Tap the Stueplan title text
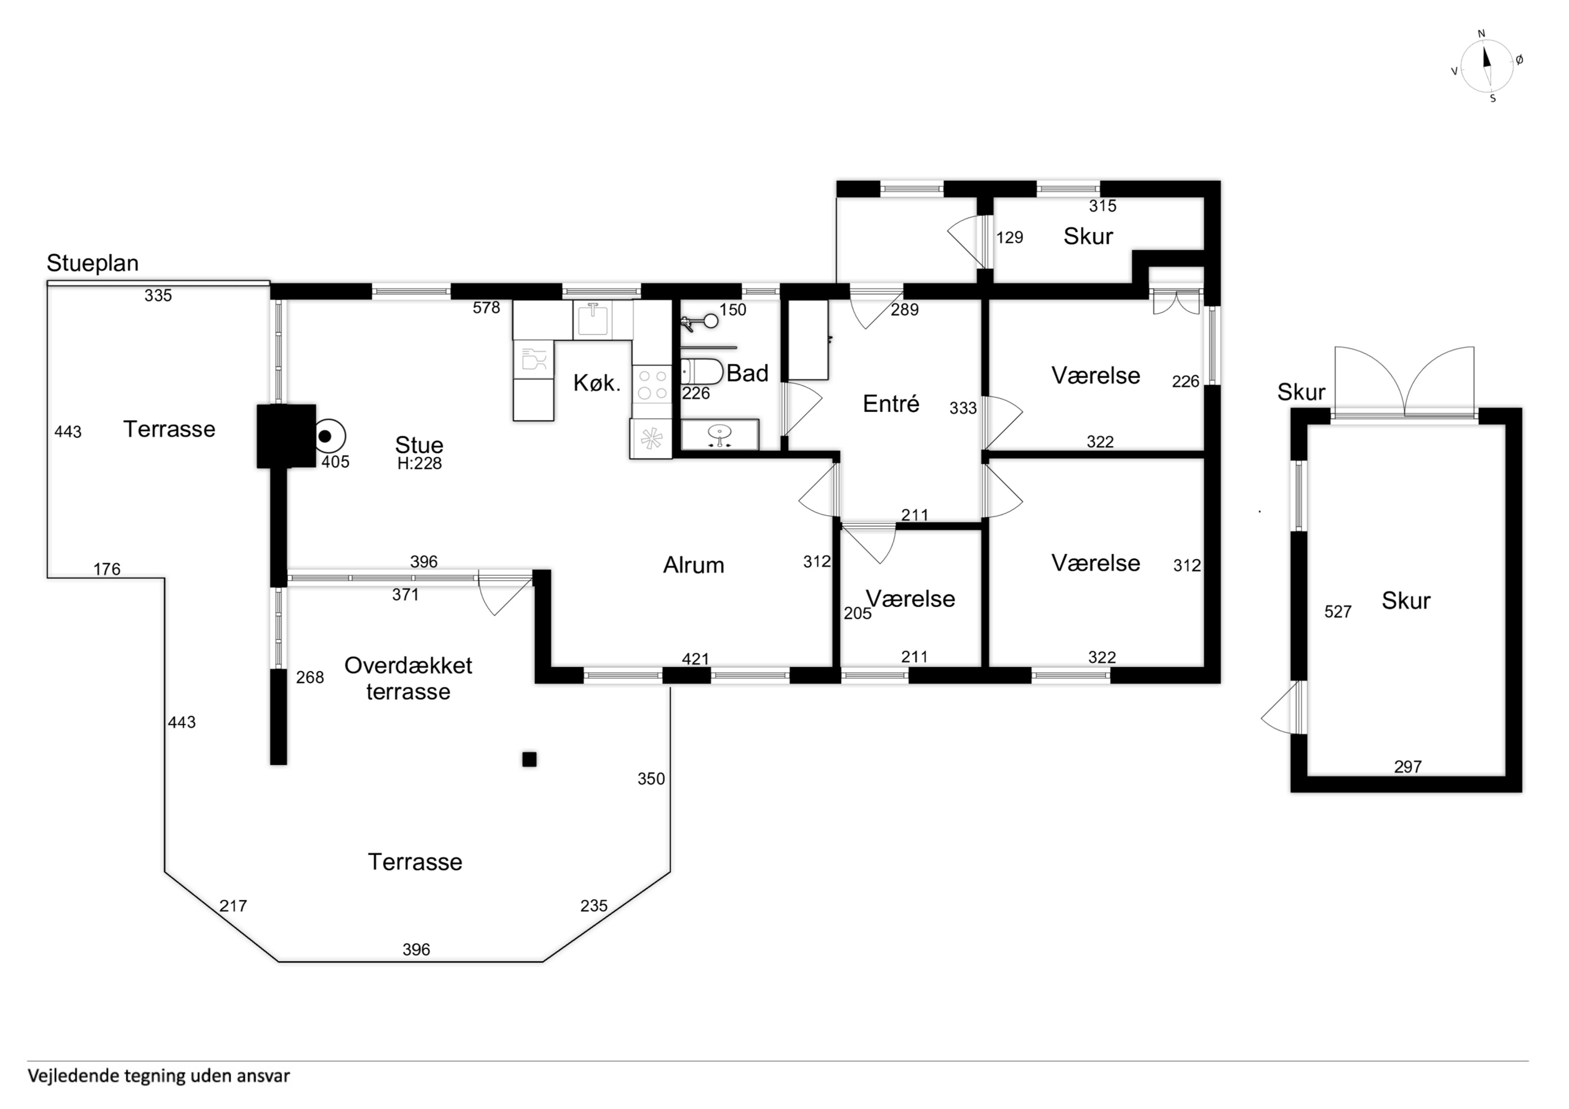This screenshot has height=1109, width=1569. pos(92,263)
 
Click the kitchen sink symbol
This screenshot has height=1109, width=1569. pos(593,320)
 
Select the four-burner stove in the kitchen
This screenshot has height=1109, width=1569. pos(652,385)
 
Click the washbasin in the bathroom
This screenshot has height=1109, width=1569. pos(720,434)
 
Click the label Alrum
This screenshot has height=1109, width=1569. pos(694,565)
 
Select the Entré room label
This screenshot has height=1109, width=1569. pos(891,404)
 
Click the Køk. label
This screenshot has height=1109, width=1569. pos(597,384)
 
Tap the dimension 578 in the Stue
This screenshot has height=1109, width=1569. pos(486,308)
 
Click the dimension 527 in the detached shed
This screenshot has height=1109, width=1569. pos(1337,612)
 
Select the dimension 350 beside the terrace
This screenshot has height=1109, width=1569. pos(651,779)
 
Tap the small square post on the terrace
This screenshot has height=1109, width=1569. pos(529,759)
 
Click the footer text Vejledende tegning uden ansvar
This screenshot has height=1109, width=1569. pos(159,1076)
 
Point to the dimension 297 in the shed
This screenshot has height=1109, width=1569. pos(1408,768)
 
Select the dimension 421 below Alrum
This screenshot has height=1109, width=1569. pos(696,659)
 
